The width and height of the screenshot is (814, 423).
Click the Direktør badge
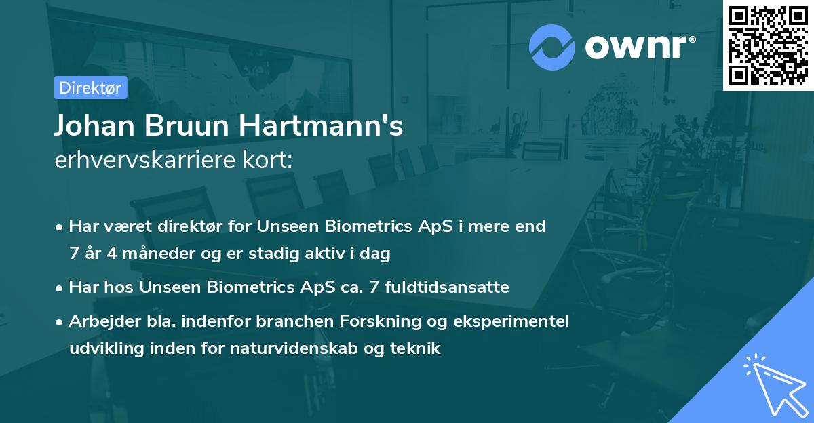(91, 87)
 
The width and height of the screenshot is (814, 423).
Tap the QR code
(769, 45)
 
